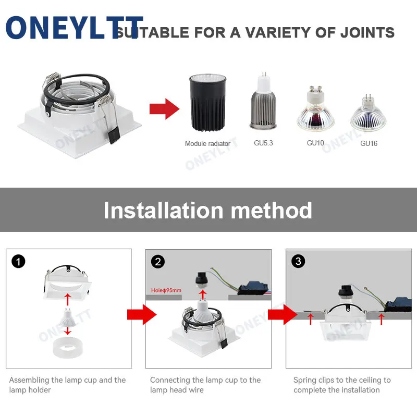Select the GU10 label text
[x=316, y=143]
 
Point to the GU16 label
[x=369, y=143]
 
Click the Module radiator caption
[x=207, y=143]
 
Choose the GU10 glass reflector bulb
[x=315, y=110]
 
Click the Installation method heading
[x=208, y=210]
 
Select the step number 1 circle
[x=18, y=261]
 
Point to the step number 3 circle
[x=298, y=261]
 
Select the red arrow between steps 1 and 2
[x=141, y=314]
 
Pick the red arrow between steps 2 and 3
[x=281, y=314]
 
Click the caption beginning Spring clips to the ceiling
[x=341, y=385]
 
